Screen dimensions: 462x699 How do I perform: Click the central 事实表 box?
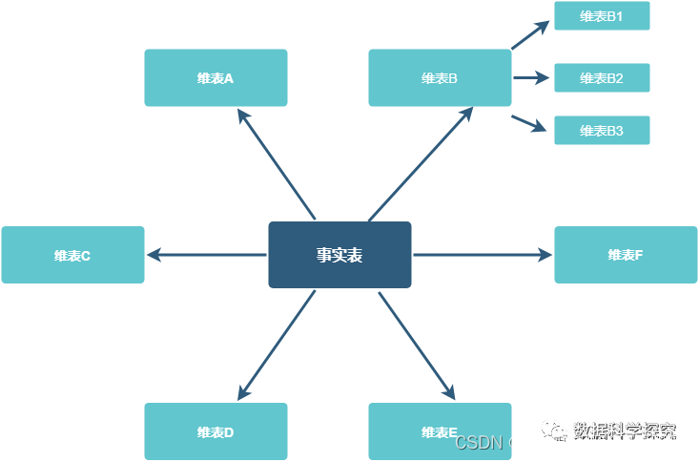339,255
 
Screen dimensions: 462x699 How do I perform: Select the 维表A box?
216,78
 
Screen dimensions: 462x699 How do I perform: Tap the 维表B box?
440,78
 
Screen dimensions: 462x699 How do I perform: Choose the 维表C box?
72,255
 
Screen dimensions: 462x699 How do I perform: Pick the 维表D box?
216,431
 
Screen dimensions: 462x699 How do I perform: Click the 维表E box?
440,431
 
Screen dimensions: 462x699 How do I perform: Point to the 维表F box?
626,255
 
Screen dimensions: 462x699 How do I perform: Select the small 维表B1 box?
602,16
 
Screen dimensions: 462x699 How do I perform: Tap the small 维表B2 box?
602,78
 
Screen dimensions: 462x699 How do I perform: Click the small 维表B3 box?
602,131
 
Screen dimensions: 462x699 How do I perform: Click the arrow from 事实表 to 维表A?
277,164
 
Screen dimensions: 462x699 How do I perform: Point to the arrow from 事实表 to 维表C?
206,255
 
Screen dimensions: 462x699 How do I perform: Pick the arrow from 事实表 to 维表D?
277,345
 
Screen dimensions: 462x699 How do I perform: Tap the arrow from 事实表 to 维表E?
417,345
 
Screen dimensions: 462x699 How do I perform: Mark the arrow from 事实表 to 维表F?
483,255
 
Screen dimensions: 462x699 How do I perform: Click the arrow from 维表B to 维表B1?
530,35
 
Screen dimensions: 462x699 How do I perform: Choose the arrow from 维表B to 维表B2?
531,78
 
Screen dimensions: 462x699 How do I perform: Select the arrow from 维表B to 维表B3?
530,123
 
